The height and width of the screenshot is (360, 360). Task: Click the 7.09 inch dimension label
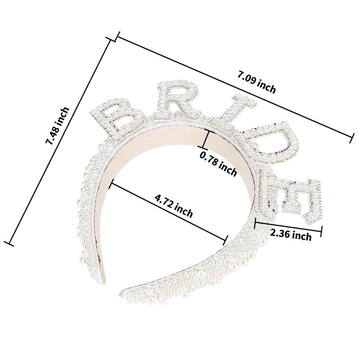coord(256,82)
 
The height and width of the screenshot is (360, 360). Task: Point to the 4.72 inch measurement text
coord(174,206)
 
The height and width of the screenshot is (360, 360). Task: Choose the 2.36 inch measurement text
coord(291,234)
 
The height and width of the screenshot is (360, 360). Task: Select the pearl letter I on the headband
coord(231,111)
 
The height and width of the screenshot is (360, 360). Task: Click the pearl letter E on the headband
coord(290,198)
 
